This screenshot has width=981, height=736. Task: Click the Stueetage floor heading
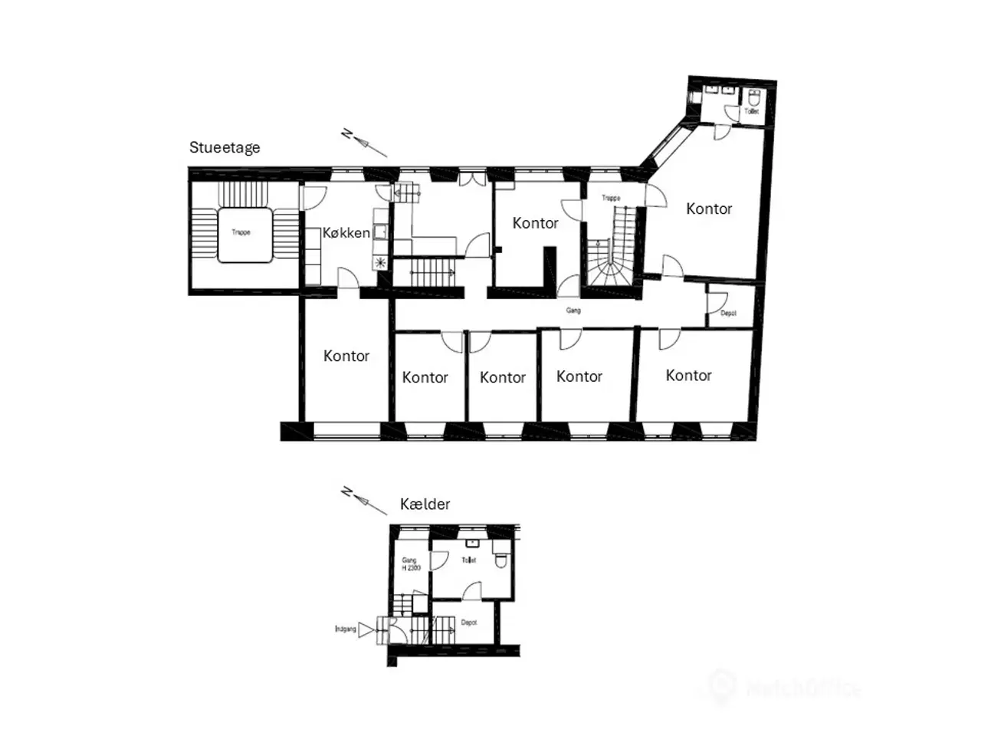tap(225, 148)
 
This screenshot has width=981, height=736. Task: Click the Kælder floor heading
tap(425, 504)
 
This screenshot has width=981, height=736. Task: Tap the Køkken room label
tap(346, 233)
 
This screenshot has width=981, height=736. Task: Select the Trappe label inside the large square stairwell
tap(241, 232)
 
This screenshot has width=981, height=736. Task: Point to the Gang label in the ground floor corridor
tap(573, 310)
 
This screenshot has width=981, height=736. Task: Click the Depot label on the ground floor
tap(728, 314)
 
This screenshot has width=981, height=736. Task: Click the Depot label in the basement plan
tap(469, 623)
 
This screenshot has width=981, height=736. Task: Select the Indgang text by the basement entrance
tap(346, 629)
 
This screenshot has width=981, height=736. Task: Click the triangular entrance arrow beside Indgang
tap(367, 630)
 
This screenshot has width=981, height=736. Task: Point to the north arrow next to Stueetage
tap(363, 143)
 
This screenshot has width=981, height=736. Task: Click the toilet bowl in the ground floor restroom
tap(753, 99)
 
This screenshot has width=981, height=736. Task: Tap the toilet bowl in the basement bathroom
tap(501, 560)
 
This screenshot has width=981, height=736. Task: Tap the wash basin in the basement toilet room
tap(472, 544)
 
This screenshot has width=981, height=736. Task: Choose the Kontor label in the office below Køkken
tap(346, 356)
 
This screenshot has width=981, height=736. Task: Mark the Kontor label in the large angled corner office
tap(708, 209)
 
